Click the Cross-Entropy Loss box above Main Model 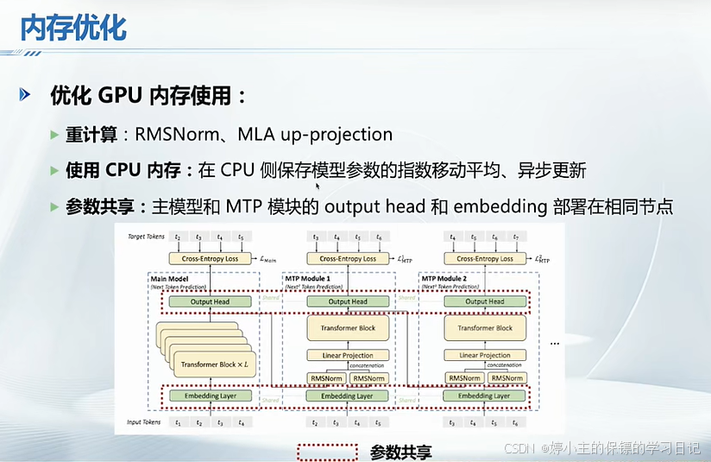(x=210, y=258)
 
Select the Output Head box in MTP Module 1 (x=347, y=301)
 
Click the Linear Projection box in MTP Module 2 (x=484, y=355)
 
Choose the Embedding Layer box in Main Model (x=210, y=396)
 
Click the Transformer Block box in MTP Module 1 (x=347, y=328)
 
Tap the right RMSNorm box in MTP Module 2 (x=507, y=378)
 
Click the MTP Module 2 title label (x=445, y=279)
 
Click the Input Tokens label (x=145, y=422)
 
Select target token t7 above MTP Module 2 (x=516, y=236)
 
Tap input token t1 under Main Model (x=178, y=423)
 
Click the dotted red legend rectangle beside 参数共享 (x=327, y=452)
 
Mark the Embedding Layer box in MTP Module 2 (x=484, y=396)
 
